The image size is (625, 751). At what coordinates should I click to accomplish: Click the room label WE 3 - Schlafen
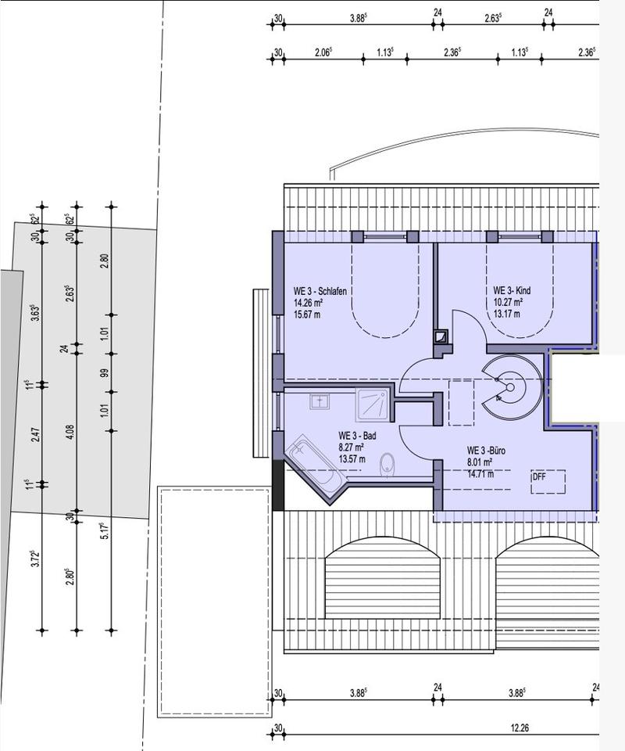click(320, 291)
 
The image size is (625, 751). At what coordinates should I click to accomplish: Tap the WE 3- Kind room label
click(512, 291)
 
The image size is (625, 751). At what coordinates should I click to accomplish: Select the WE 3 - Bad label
click(357, 436)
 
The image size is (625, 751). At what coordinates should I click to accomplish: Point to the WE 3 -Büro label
click(486, 451)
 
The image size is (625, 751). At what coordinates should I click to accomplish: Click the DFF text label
click(539, 477)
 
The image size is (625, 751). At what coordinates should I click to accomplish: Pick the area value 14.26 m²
click(308, 303)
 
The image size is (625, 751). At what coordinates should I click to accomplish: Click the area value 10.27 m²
click(508, 302)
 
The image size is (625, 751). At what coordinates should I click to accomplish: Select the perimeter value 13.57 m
click(352, 459)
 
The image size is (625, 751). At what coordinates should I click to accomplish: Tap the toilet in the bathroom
click(387, 465)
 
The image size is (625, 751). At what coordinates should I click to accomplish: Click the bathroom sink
click(320, 401)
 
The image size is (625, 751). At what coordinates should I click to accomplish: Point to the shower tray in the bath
click(373, 404)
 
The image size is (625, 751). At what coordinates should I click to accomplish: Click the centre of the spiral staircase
click(510, 387)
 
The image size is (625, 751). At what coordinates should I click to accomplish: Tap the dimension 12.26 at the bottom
click(520, 728)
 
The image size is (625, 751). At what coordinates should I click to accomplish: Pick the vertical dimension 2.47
click(36, 434)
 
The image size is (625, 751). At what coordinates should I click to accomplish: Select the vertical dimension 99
click(105, 372)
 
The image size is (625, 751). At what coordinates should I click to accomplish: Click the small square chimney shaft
click(441, 337)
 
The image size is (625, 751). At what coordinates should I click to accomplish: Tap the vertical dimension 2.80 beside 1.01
click(105, 261)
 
